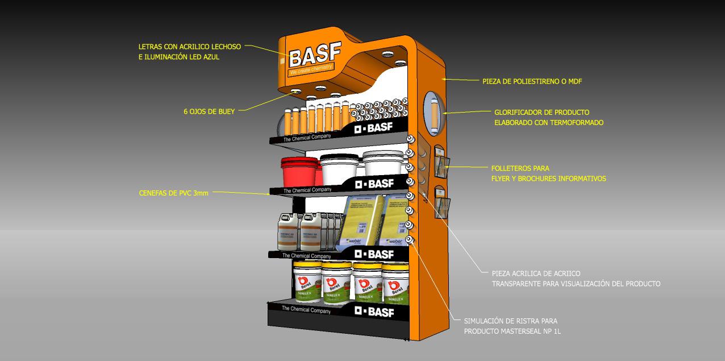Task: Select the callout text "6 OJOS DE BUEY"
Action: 209,112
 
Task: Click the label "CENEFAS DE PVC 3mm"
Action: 174,193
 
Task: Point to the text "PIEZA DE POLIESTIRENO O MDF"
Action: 532,82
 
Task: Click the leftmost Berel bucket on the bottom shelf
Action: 307,283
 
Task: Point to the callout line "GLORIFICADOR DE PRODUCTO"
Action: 541,113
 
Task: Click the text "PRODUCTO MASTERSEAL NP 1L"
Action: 512,331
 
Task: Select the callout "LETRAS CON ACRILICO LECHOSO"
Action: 189,47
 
